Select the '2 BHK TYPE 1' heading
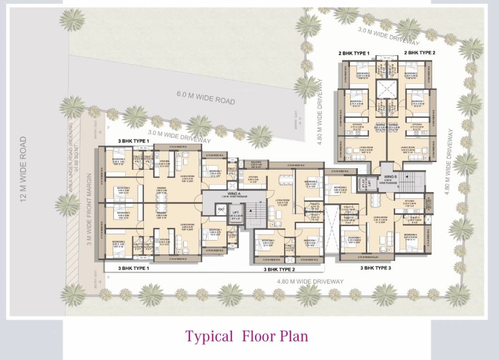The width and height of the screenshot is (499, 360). (354, 53)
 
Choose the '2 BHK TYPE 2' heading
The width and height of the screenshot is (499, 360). (419, 53)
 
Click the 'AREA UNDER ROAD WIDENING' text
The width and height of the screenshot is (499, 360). (71, 157)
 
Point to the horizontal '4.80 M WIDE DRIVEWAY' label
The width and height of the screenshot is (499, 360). (310, 282)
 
